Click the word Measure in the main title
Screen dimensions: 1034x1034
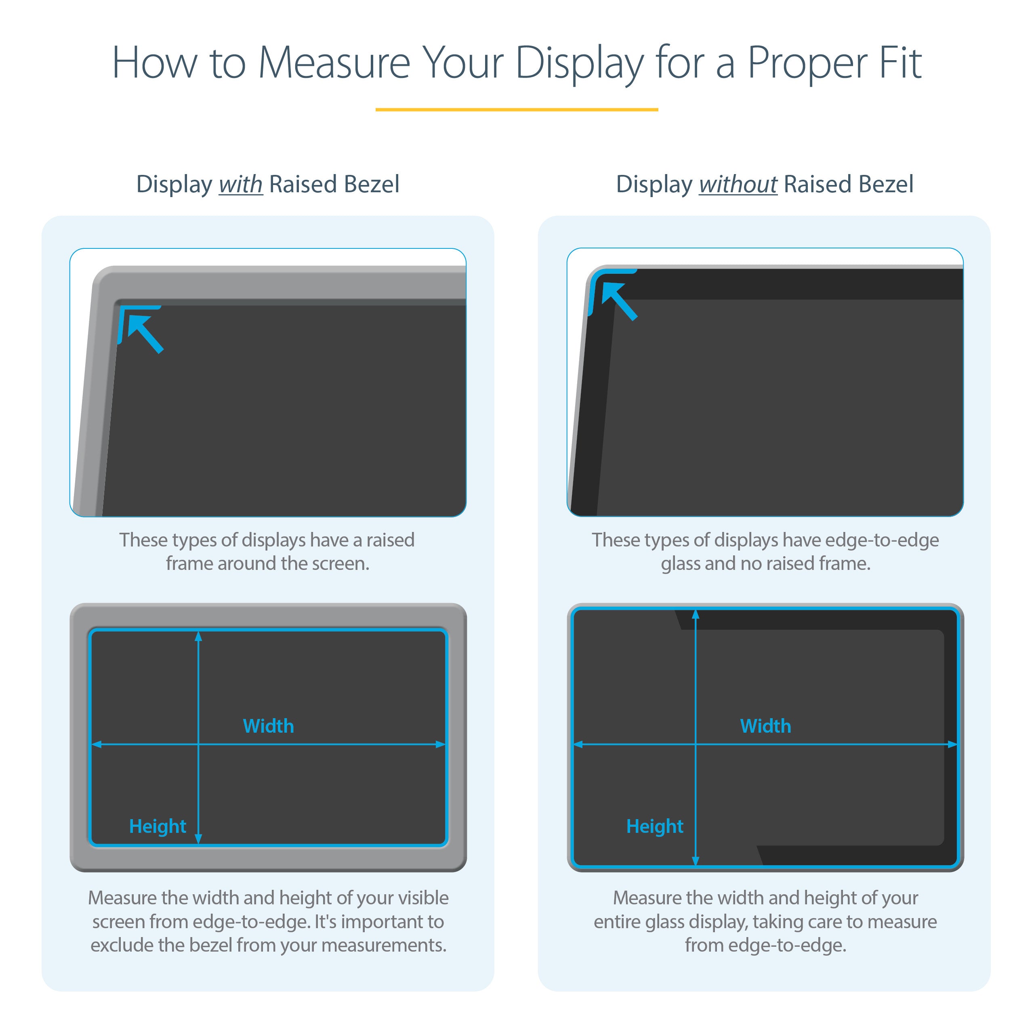[334, 63]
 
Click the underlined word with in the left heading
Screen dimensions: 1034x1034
[240, 185]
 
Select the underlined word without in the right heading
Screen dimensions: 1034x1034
[738, 185]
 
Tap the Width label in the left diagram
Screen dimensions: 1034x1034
[268, 726]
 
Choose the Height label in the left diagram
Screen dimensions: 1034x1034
[158, 826]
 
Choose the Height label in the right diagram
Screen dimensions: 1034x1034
[655, 826]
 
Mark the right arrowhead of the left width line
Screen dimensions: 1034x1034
[441, 744]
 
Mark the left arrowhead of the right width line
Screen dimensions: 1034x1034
[578, 744]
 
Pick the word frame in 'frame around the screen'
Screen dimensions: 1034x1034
[189, 563]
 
